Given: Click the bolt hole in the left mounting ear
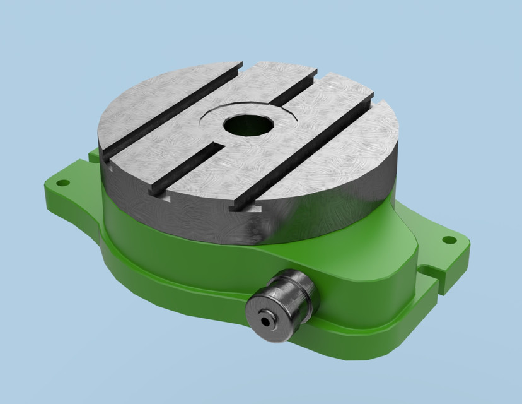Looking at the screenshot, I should coord(62,183).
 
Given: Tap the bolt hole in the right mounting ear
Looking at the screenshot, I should coord(448,240).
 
